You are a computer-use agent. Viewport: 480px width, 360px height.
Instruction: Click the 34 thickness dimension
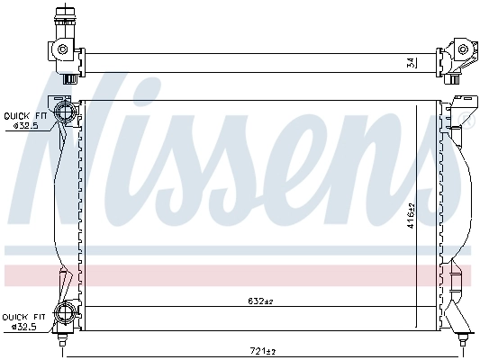coord(410,62)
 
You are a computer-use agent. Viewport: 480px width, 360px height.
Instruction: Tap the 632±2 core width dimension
coord(260,301)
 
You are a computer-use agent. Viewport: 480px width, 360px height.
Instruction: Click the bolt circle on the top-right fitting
coord(463,49)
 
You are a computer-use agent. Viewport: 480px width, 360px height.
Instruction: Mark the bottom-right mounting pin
coord(463,339)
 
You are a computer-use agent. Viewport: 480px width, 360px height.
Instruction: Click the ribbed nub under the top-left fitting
coord(68,78)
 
